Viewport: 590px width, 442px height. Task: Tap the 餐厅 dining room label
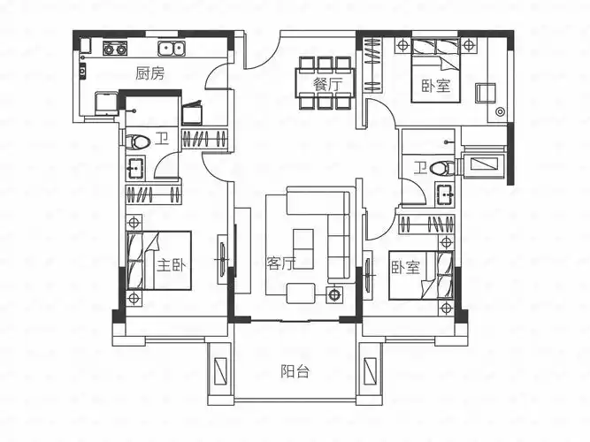tap(326, 85)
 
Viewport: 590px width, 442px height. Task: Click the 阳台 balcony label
tap(295, 372)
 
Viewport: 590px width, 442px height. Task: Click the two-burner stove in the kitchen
tap(115, 49)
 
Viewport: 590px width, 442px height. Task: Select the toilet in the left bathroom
tap(136, 141)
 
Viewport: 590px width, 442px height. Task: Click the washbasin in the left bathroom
tap(135, 166)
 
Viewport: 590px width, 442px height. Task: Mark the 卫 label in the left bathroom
tap(161, 139)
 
